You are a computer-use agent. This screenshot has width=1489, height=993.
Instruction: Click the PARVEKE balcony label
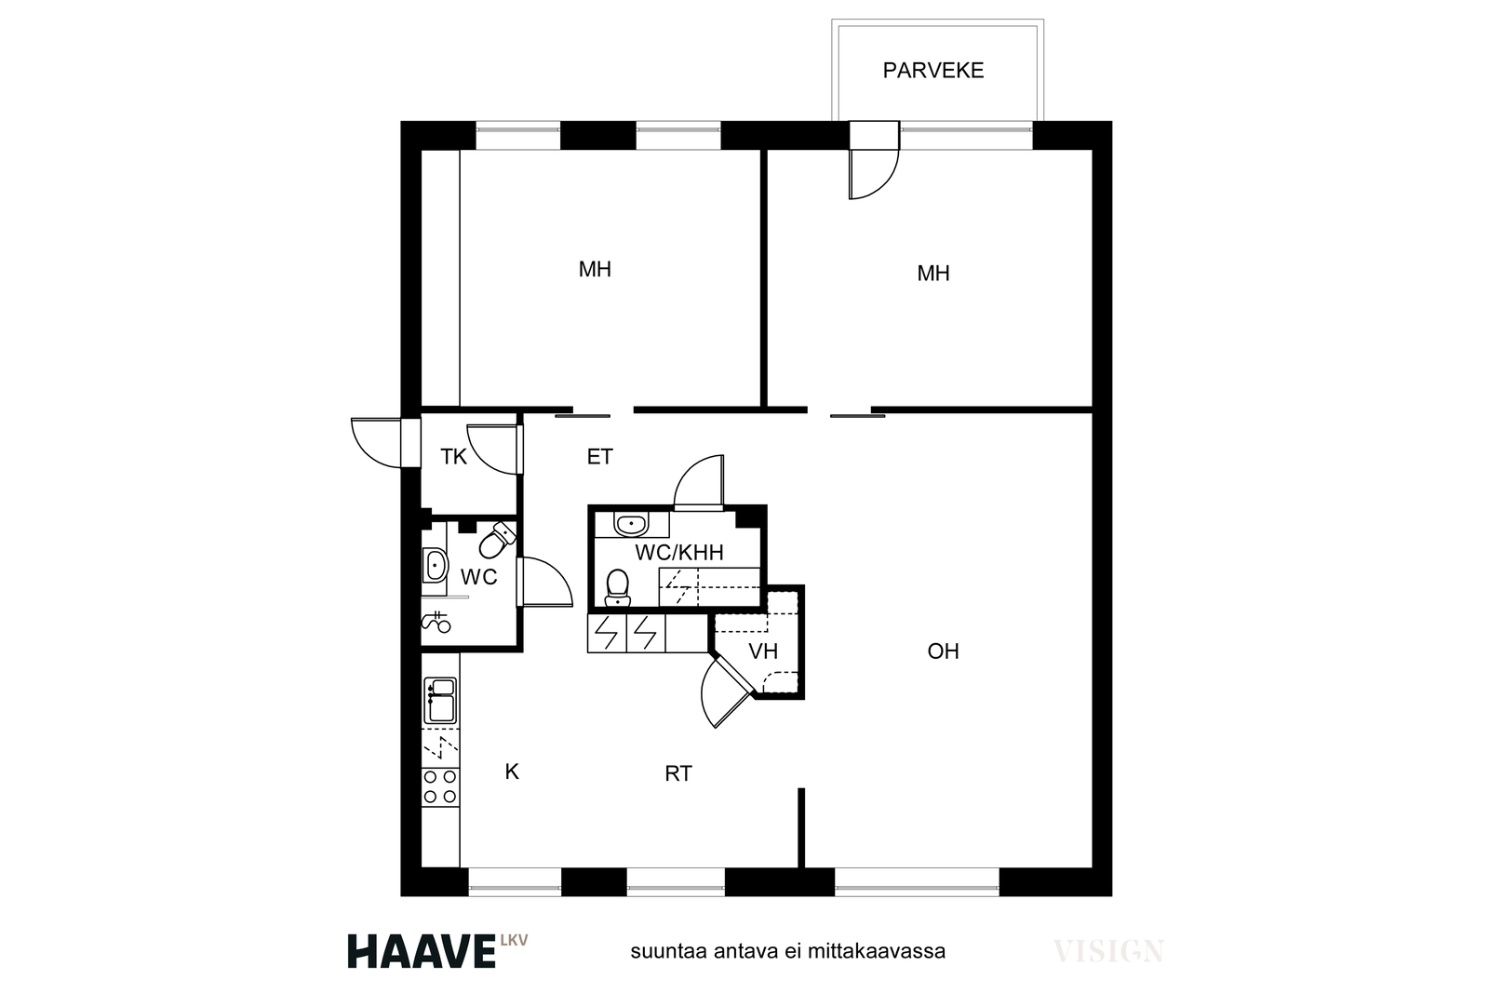[932, 71]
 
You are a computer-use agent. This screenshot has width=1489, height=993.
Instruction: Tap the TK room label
[453, 457]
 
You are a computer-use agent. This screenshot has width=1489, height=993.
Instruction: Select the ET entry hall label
[599, 457]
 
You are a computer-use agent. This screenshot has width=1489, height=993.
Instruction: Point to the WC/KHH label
[678, 552]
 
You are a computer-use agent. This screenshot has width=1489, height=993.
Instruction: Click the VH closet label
[763, 651]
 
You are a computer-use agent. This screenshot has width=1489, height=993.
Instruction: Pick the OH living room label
[944, 651]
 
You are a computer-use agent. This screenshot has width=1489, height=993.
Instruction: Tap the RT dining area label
[678, 773]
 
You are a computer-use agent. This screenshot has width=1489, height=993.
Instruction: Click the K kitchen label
[512, 771]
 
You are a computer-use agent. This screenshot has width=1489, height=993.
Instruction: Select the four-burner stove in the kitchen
[440, 787]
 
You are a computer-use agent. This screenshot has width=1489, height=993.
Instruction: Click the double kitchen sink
[440, 701]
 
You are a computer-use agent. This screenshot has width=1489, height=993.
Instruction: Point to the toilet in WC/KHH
[618, 587]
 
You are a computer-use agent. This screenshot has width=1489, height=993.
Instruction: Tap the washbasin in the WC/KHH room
[632, 524]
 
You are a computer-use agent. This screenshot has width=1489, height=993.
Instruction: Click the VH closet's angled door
[725, 693]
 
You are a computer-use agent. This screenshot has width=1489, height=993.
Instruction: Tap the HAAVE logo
[423, 951]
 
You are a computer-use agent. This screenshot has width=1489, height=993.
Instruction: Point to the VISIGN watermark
[1108, 951]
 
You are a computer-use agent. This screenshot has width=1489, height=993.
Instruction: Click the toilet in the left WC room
[497, 540]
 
